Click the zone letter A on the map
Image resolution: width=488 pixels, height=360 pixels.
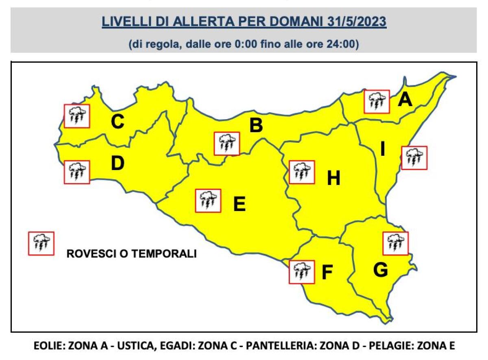(x=405, y=100)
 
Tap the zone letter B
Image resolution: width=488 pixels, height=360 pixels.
(x=256, y=126)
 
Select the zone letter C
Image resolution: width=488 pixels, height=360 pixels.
(x=118, y=122)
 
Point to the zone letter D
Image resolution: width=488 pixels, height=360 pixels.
(x=117, y=164)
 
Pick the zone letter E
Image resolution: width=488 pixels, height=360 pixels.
(x=239, y=204)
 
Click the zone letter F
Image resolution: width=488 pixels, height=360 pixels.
(x=327, y=273)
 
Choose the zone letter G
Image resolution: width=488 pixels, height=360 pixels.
(x=380, y=270)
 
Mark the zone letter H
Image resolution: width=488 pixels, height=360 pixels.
(x=333, y=178)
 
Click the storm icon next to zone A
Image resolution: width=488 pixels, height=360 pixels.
(x=377, y=102)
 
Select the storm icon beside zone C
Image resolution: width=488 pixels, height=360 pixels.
(x=77, y=116)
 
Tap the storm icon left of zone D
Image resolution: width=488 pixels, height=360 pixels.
(x=77, y=172)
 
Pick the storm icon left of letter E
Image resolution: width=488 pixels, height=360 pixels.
(x=208, y=201)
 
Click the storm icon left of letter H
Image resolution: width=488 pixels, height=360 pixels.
(x=301, y=172)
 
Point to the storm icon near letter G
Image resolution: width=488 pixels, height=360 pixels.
(x=396, y=243)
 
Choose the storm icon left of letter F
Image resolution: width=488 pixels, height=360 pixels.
(x=301, y=272)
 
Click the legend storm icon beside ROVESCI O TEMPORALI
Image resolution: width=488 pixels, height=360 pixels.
(x=41, y=244)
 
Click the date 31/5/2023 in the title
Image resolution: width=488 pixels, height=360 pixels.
(x=356, y=22)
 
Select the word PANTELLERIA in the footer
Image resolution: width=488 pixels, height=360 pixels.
(x=286, y=346)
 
